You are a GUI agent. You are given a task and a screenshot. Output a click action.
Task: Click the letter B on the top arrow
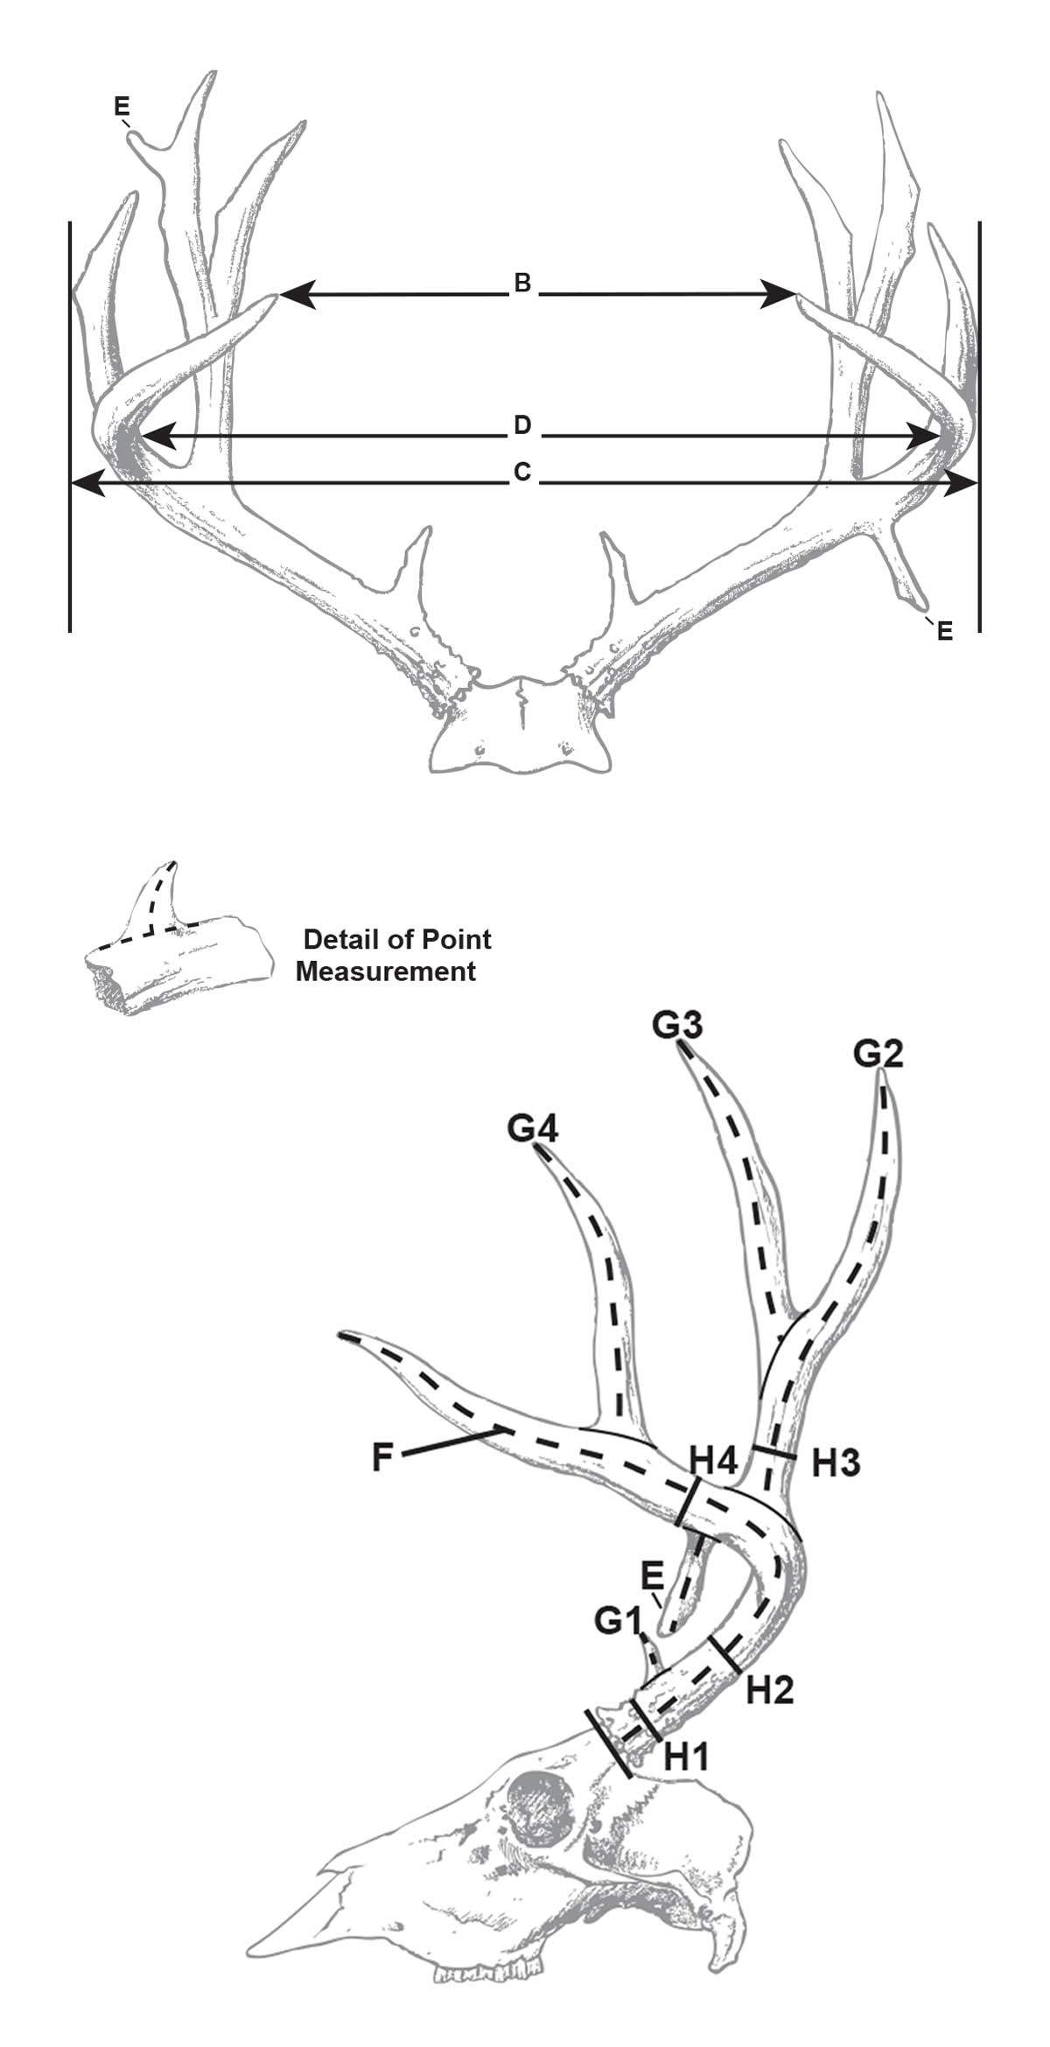pyautogui.click(x=521, y=284)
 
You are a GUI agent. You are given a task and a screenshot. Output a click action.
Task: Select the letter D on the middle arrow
pyautogui.click(x=521, y=426)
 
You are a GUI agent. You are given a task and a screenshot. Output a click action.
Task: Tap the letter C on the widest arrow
pyautogui.click(x=522, y=473)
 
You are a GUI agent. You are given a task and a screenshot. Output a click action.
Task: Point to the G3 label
pyautogui.click(x=678, y=1025)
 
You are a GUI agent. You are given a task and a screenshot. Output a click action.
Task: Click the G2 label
pyautogui.click(x=878, y=1055)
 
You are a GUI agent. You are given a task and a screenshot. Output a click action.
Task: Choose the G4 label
pyautogui.click(x=533, y=1129)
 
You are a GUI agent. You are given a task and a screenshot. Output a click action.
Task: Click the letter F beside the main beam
pyautogui.click(x=381, y=1459)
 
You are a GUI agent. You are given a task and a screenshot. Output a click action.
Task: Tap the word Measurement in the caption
pyautogui.click(x=386, y=971)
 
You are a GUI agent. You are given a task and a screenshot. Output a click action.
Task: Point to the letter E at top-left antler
pyautogui.click(x=122, y=107)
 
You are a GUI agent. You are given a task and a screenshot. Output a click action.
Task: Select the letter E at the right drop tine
pyautogui.click(x=944, y=630)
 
